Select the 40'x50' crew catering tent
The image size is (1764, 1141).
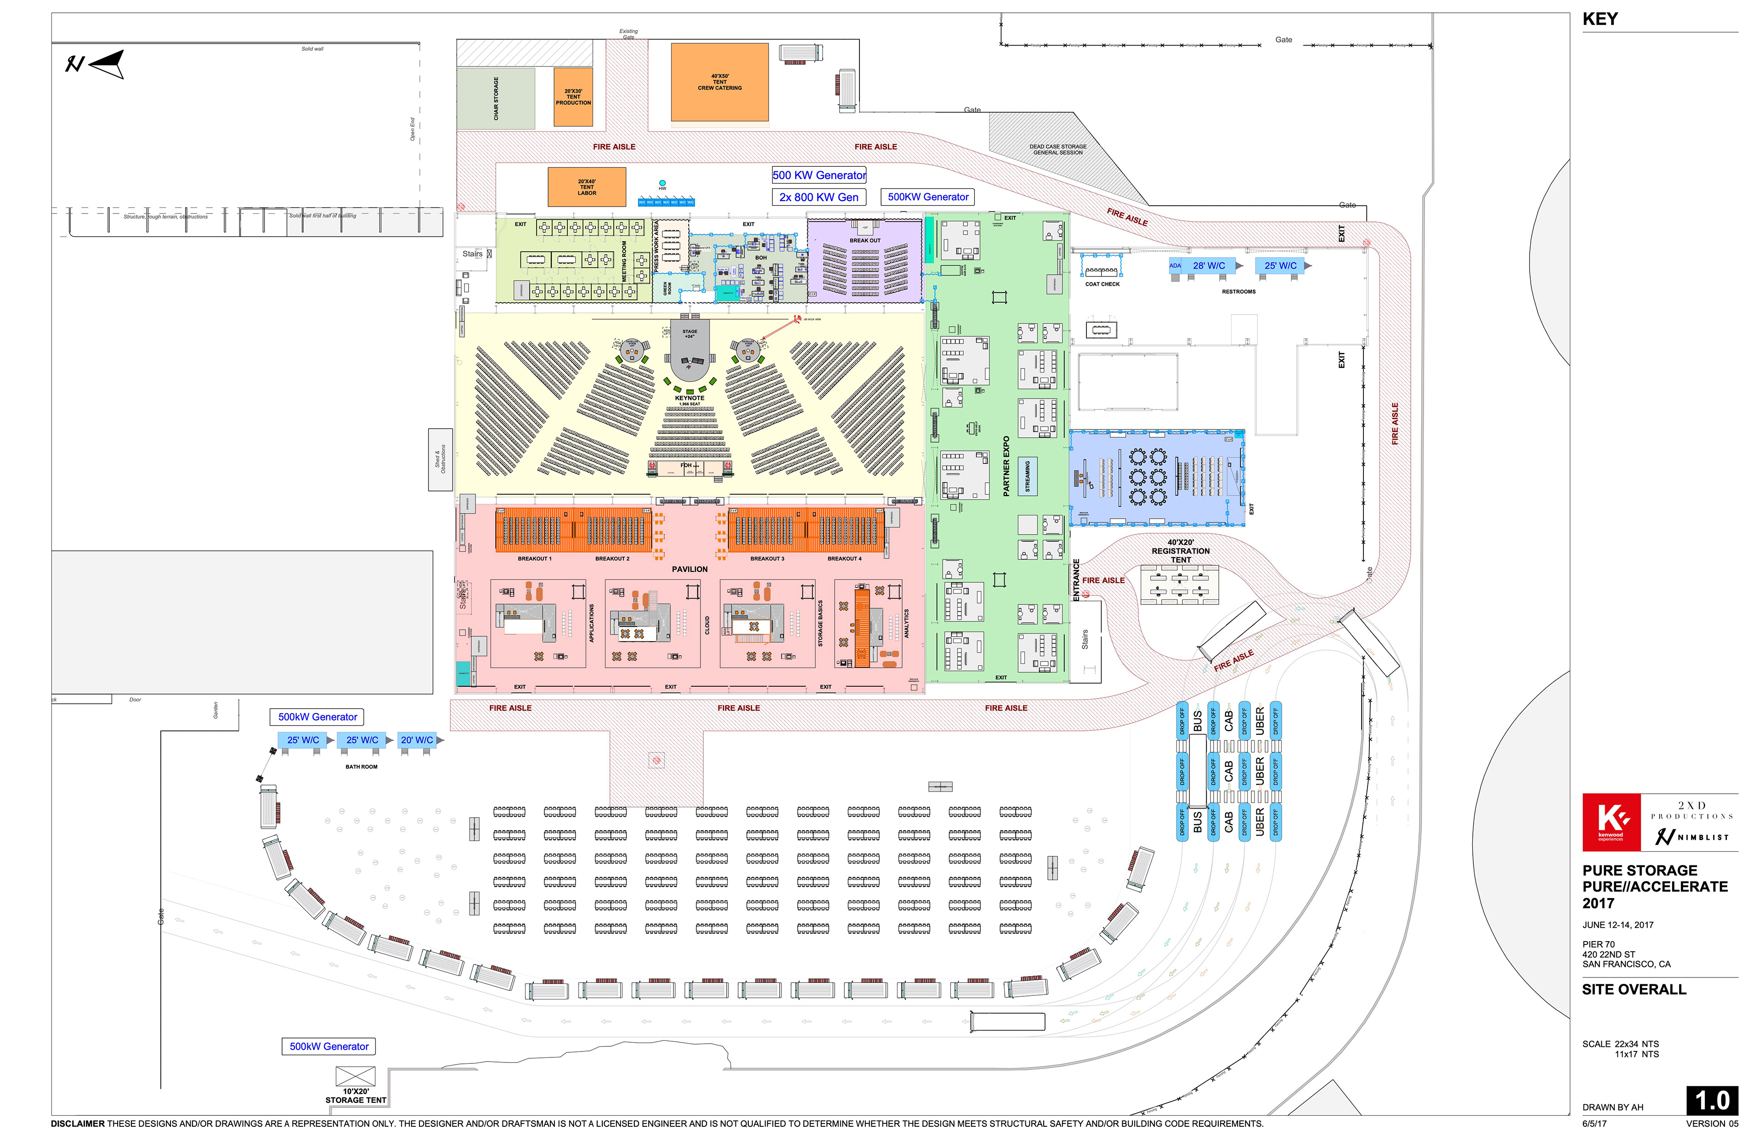click(718, 81)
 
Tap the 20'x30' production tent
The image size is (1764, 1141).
click(573, 97)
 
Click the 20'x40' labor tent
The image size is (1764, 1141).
click(586, 186)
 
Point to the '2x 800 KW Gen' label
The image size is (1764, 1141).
click(818, 197)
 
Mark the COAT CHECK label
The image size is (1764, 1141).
click(1102, 284)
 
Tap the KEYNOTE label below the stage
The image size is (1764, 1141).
click(689, 398)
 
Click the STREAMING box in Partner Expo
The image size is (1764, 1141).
click(1027, 476)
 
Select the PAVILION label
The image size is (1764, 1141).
click(689, 569)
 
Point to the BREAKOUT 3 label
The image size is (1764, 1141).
click(766, 559)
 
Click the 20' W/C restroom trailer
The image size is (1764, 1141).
click(416, 740)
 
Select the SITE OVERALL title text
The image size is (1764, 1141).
click(1633, 989)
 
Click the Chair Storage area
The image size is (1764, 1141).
click(495, 99)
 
